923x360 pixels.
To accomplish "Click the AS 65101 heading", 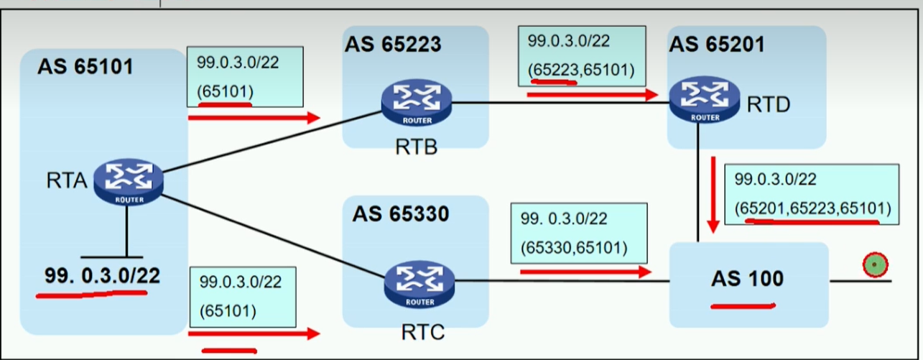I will [x=85, y=68].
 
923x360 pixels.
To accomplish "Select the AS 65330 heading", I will [x=400, y=214].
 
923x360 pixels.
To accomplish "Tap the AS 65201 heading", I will [x=717, y=45].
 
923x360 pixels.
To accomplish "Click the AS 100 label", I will [x=747, y=280].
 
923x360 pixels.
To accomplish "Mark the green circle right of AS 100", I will [x=873, y=267].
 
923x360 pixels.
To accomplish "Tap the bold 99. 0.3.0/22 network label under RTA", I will [x=103, y=275].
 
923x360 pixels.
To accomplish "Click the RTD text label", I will [x=768, y=105].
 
